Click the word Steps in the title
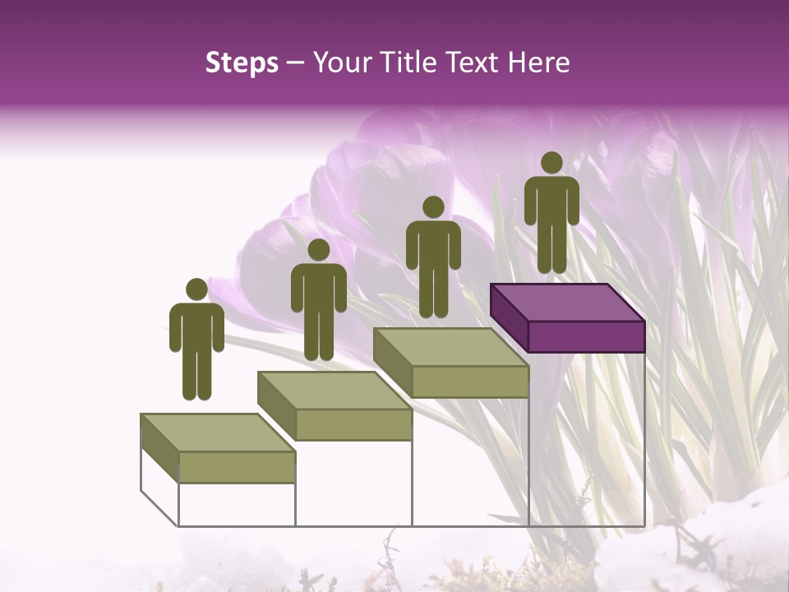(x=242, y=62)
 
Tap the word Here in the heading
(x=538, y=62)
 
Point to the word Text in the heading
(x=473, y=62)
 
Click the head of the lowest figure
(x=196, y=289)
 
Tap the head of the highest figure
(x=551, y=163)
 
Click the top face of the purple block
(x=567, y=303)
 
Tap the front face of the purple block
(x=586, y=336)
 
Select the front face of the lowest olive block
(x=237, y=467)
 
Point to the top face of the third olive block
(x=450, y=347)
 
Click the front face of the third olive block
(x=469, y=382)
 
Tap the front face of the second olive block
(x=353, y=424)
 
